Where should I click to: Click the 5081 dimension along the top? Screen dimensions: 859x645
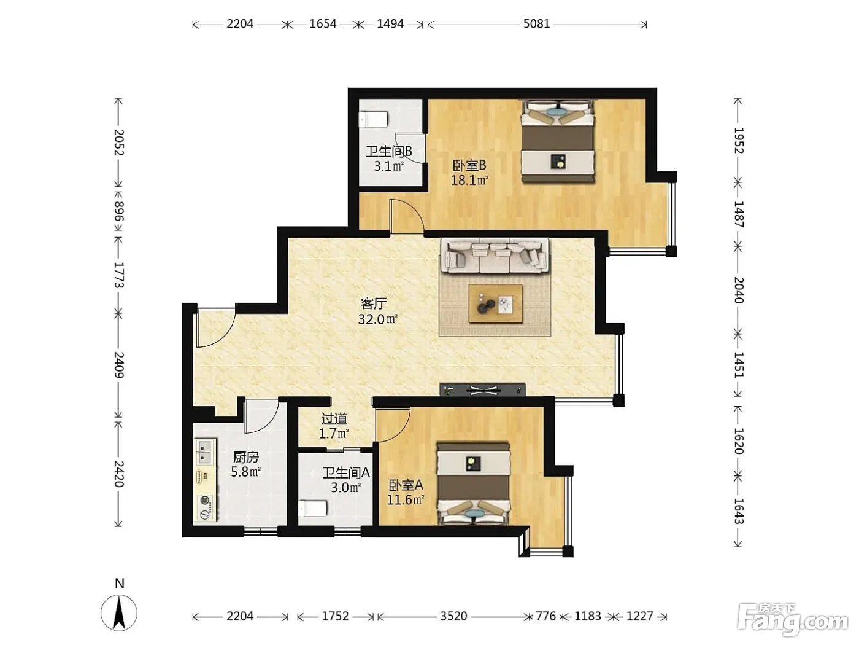point(536,24)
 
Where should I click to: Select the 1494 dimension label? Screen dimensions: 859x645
point(390,24)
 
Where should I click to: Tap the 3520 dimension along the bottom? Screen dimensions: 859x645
point(453,616)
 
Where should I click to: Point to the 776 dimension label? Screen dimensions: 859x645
point(545,616)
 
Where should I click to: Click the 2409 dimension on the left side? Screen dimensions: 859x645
point(119,365)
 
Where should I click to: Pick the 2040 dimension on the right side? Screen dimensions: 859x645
point(739,290)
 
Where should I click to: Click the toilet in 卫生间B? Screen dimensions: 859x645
point(373,119)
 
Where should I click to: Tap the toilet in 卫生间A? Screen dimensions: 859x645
point(312,509)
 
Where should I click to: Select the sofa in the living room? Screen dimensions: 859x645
point(495,256)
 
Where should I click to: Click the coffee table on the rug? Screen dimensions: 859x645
point(496,304)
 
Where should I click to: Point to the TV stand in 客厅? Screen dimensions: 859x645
point(482,389)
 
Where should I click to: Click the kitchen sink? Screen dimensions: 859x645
point(205,451)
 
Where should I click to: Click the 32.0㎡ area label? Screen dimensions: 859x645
point(377,319)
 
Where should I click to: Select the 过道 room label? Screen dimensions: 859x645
point(334,419)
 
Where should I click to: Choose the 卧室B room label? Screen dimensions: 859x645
point(469,166)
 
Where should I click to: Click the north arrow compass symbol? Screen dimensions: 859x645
point(119,613)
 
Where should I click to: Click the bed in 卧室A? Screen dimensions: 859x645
point(474,484)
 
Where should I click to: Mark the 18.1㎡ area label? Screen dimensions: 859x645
point(469,181)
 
